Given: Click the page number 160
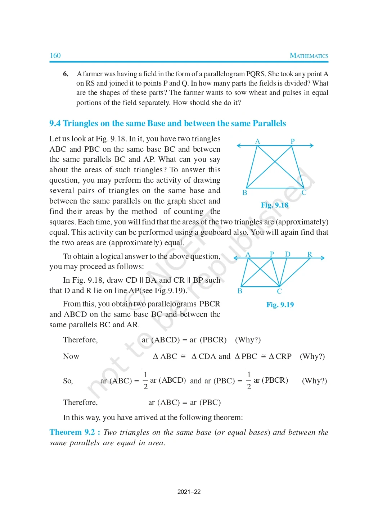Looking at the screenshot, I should coord(55,55).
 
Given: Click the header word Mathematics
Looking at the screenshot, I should coord(309,56).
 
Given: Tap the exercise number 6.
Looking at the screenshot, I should coord(66,74).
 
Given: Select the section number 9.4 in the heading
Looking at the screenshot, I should coord(55,123).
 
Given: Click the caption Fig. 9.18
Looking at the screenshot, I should coord(275,205).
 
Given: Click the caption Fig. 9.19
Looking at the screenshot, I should coord(280,305).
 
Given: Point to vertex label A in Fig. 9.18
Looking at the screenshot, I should coord(257,141).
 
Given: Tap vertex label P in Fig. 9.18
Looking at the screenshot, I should coord(293,141).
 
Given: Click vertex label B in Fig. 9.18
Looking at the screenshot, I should coord(245,193).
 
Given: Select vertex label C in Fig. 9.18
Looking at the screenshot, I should coord(304,193).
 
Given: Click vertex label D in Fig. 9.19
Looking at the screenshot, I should coord(288,254).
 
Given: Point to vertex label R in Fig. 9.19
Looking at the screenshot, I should coord(310,254).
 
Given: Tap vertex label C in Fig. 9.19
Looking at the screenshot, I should coord(279,291).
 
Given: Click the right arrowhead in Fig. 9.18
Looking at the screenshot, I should coord(311,145).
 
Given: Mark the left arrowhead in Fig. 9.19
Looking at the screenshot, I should coord(236,258).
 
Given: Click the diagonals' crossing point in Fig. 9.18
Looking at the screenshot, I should coord(275,161).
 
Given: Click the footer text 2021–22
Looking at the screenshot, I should coord(189,492).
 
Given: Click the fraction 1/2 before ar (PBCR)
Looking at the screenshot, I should coord(249,381).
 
